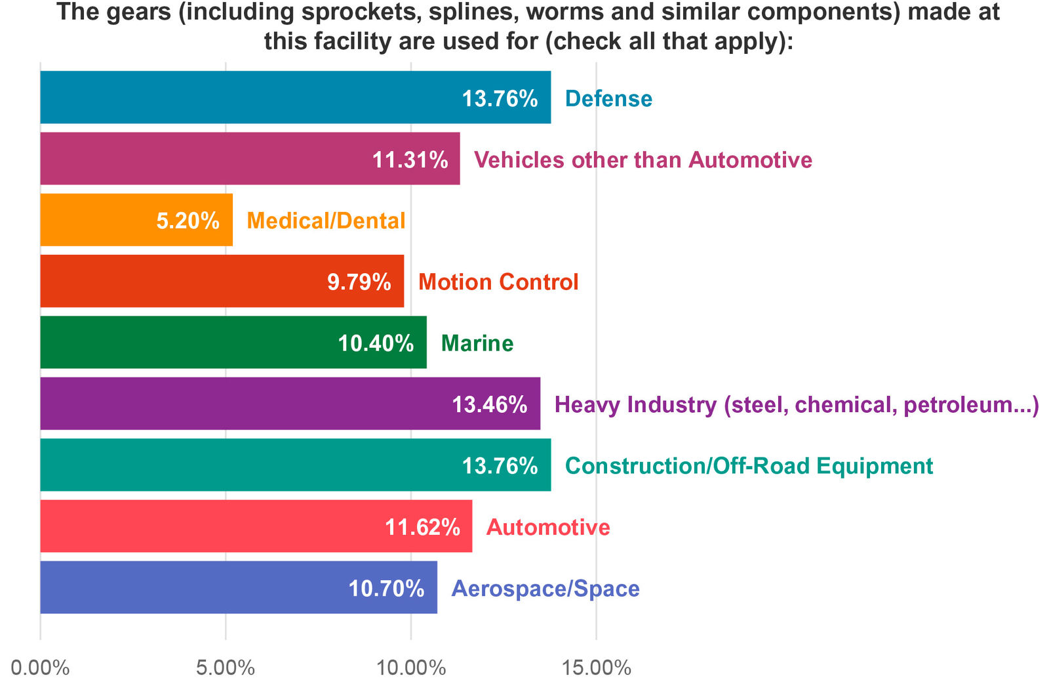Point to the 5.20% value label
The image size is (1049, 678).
coord(188,221)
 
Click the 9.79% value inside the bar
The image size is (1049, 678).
coord(359,282)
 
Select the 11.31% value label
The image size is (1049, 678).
coord(410,159)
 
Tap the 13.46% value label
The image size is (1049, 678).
coord(489,404)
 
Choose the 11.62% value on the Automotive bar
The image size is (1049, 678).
coord(422,527)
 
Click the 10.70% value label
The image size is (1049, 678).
coord(386,588)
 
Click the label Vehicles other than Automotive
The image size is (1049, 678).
coord(643,159)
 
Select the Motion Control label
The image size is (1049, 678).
coord(498,282)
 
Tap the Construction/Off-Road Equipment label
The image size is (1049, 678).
coord(749,465)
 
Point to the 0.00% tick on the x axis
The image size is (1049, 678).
coord(40,667)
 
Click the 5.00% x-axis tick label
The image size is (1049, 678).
coord(226,667)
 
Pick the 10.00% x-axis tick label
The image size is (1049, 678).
coord(411,667)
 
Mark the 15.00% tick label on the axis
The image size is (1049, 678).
coord(596,667)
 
